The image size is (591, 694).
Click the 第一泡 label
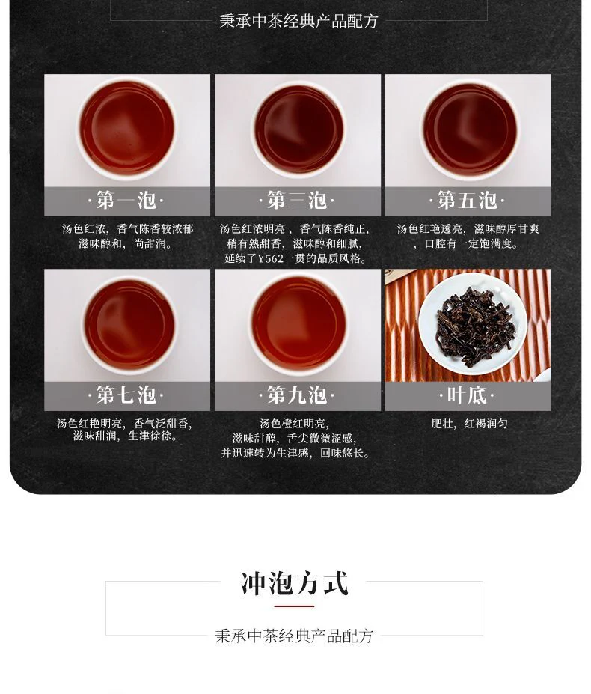tap(126, 201)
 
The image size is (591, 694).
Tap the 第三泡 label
tap(297, 201)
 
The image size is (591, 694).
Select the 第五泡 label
tap(467, 201)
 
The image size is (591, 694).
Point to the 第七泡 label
tap(126, 395)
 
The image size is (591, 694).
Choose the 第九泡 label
tap(297, 395)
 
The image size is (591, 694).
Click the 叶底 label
tap(467, 395)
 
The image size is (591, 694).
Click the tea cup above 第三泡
tap(298, 130)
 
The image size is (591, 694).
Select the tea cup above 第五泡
tap(470, 130)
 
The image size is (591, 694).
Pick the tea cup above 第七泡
tap(129, 326)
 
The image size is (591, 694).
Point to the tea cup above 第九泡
tap(298, 323)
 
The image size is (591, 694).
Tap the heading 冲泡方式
tap(295, 584)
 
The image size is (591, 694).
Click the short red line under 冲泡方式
tap(294, 606)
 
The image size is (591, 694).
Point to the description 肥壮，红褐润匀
tap(469, 424)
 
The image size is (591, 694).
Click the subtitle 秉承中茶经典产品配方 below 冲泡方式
tap(294, 636)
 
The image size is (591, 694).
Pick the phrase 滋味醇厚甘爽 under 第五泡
tap(506, 229)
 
